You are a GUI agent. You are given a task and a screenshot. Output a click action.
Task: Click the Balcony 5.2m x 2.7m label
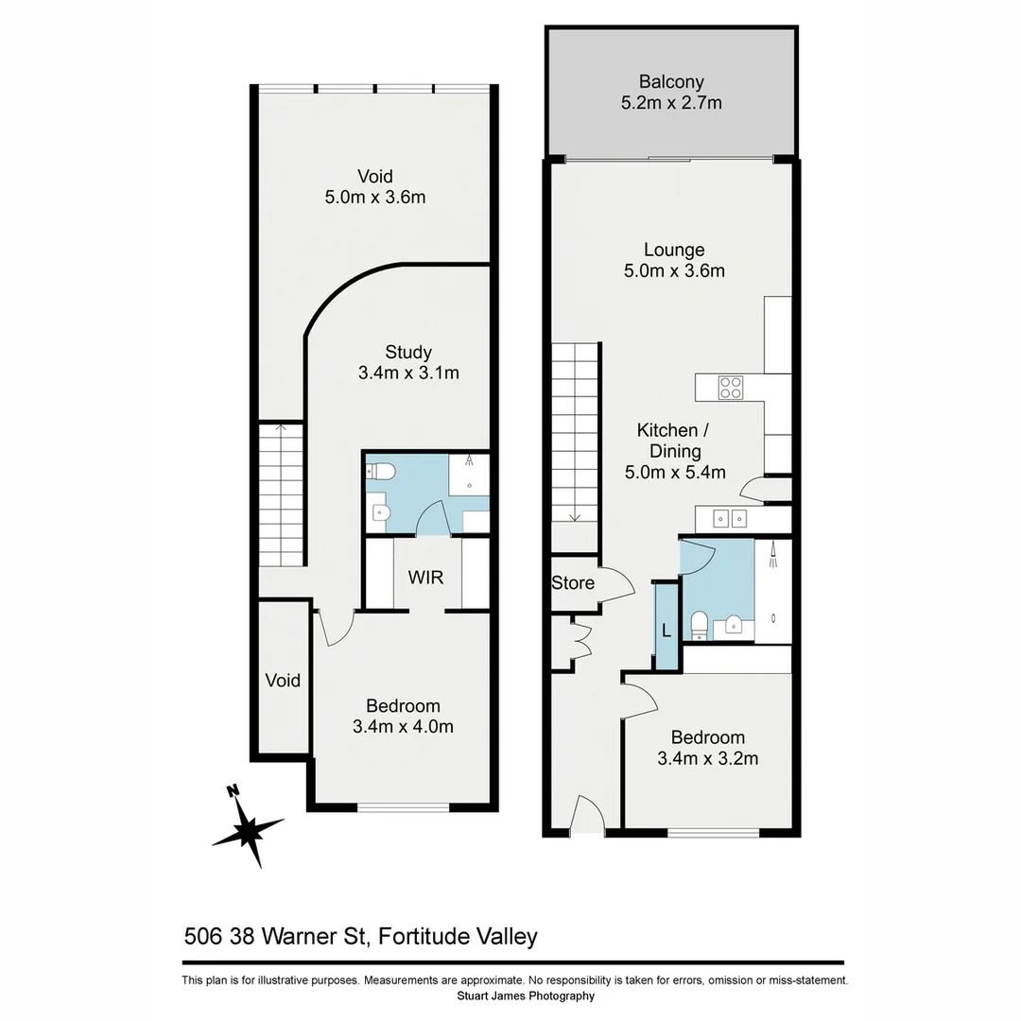coord(671,93)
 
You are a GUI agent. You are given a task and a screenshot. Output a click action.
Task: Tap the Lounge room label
coord(674,261)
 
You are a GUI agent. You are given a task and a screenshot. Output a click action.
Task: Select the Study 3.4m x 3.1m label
coord(408,363)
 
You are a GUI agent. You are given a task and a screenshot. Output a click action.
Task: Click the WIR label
coord(425,577)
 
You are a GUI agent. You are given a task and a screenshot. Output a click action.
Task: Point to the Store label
coord(573,583)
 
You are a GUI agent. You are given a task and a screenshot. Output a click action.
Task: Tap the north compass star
coord(248,829)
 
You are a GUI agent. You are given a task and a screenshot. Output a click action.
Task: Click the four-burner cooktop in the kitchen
coord(730,388)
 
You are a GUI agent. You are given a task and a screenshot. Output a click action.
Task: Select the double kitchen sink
coord(731,518)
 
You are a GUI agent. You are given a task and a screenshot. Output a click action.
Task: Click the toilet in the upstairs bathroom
coord(381,471)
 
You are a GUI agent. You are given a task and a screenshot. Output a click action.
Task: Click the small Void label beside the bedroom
coord(283,681)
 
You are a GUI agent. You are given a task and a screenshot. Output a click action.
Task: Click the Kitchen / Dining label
coord(675,450)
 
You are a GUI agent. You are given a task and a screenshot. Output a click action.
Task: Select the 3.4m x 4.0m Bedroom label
coord(403,717)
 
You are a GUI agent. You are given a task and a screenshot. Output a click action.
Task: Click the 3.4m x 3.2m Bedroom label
coord(708,747)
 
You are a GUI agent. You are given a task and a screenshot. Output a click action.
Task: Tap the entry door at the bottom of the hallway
coord(588,815)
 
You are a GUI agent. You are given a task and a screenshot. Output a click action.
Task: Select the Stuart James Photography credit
coord(514,995)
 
